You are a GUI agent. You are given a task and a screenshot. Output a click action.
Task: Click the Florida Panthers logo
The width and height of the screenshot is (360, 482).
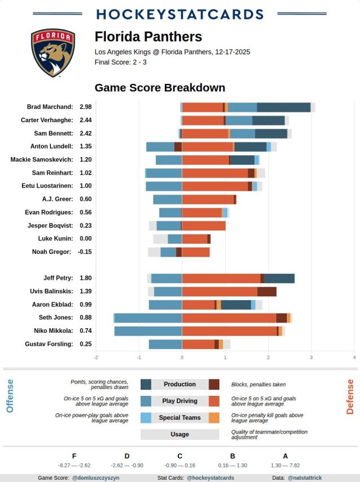[53, 53]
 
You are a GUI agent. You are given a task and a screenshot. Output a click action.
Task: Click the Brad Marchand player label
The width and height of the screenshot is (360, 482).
[50, 107]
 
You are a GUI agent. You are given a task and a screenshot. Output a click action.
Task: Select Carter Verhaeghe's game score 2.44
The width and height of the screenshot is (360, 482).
[85, 120]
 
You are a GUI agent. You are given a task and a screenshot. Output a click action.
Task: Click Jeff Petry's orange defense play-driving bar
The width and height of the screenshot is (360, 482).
[221, 278]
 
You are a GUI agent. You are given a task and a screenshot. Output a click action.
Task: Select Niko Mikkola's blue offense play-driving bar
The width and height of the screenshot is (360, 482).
[148, 331]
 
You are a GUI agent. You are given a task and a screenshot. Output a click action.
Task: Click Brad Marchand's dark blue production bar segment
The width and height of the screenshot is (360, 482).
[283, 107]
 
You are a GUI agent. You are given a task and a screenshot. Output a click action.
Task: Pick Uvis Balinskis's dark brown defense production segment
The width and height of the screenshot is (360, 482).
[267, 292]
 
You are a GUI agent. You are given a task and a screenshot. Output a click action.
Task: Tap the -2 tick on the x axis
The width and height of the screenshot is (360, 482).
[96, 358]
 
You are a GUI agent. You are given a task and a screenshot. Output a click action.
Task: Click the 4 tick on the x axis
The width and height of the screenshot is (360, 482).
[354, 358]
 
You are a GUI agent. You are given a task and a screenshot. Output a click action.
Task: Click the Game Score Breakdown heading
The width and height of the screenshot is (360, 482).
[160, 88]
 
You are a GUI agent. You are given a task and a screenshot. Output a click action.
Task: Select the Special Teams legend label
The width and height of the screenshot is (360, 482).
[179, 418]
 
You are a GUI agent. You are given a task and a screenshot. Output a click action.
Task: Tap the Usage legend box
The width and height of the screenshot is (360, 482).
[179, 435]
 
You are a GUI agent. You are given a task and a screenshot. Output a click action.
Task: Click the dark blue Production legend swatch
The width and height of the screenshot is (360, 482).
[146, 385]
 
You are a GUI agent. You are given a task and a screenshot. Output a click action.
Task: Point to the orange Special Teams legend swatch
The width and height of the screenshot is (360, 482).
[214, 418]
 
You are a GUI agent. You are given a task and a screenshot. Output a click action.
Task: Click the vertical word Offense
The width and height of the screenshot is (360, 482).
[10, 396]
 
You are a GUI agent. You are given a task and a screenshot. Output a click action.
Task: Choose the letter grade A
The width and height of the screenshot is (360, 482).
[285, 456]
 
